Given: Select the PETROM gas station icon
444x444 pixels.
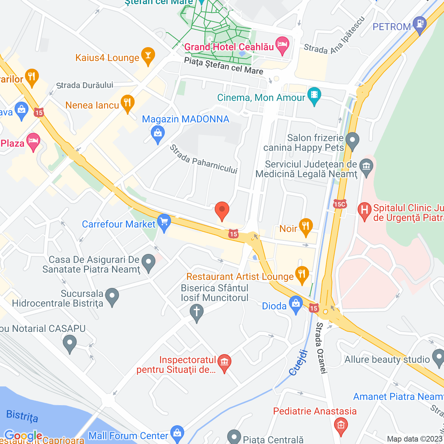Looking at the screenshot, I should [x=420, y=25].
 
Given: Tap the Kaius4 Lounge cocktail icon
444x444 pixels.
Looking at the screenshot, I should [x=148, y=56].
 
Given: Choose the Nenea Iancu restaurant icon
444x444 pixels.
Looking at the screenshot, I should [x=127, y=103].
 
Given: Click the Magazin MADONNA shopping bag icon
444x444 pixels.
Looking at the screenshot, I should [x=158, y=134].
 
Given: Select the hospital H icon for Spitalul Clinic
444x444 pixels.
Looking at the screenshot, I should [x=364, y=211].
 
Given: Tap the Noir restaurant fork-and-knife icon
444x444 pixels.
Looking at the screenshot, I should [x=306, y=227].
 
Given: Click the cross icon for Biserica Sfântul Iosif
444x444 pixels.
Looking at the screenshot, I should [x=197, y=312].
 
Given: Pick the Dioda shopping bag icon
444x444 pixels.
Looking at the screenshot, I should [x=296, y=304].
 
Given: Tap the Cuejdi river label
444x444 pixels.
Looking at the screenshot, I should [x=299, y=363].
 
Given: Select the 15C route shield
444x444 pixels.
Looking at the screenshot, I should [x=340, y=204].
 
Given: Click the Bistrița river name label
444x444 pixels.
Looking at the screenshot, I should [x=22, y=415].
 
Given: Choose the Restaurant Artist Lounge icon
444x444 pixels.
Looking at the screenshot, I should [x=302, y=275].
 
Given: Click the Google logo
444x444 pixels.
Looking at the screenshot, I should [x=23, y=435].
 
